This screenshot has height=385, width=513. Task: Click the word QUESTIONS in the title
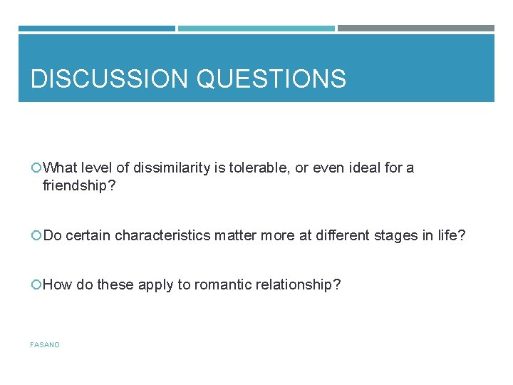(x=271, y=78)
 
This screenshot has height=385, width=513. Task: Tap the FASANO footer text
(x=45, y=345)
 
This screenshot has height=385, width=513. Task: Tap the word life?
(x=451, y=235)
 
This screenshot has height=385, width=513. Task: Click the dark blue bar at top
(x=96, y=29)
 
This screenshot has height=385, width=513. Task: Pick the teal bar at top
(x=256, y=29)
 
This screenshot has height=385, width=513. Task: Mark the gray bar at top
(x=415, y=29)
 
